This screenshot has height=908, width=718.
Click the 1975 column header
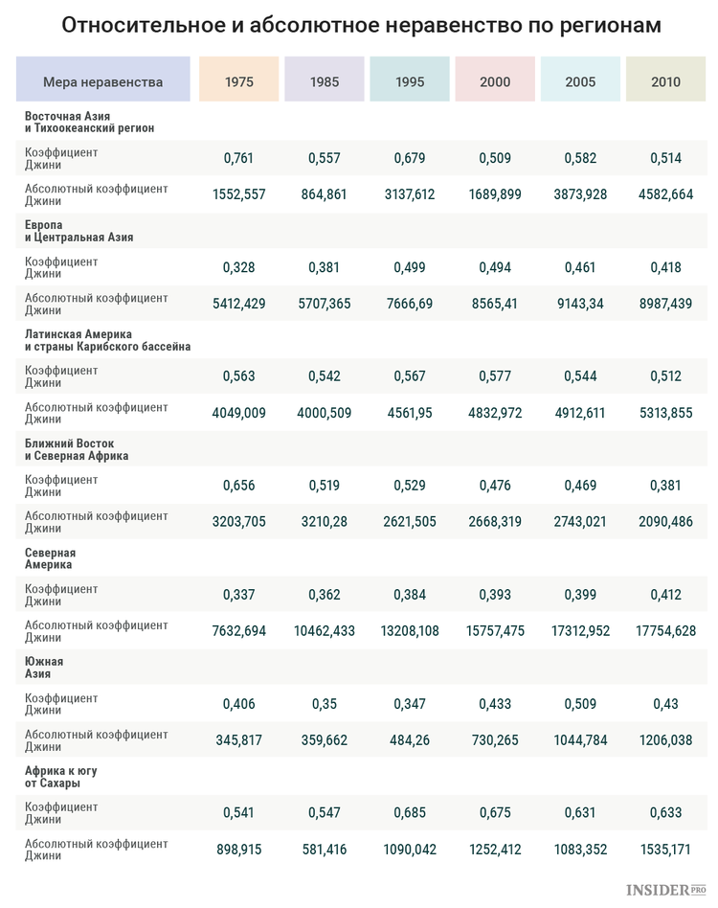239,81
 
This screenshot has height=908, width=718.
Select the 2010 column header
665,81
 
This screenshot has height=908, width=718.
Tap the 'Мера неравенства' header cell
103,81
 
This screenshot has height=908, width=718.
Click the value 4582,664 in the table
665,194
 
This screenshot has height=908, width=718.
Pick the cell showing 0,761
239,158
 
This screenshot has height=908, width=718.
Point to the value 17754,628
665,631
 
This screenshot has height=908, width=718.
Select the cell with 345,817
239,740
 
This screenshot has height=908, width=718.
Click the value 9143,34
580,304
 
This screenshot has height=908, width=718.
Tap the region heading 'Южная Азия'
44,668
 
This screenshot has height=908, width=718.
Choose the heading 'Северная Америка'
50,558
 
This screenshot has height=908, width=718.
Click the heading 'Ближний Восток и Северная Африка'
77,449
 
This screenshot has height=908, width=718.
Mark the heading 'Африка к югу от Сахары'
61,777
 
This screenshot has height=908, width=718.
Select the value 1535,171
665,850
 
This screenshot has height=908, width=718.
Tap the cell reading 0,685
410,813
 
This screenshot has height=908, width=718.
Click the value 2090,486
665,522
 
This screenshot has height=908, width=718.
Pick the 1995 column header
410,81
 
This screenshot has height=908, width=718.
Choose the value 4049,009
239,413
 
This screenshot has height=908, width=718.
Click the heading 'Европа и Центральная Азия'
79,231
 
